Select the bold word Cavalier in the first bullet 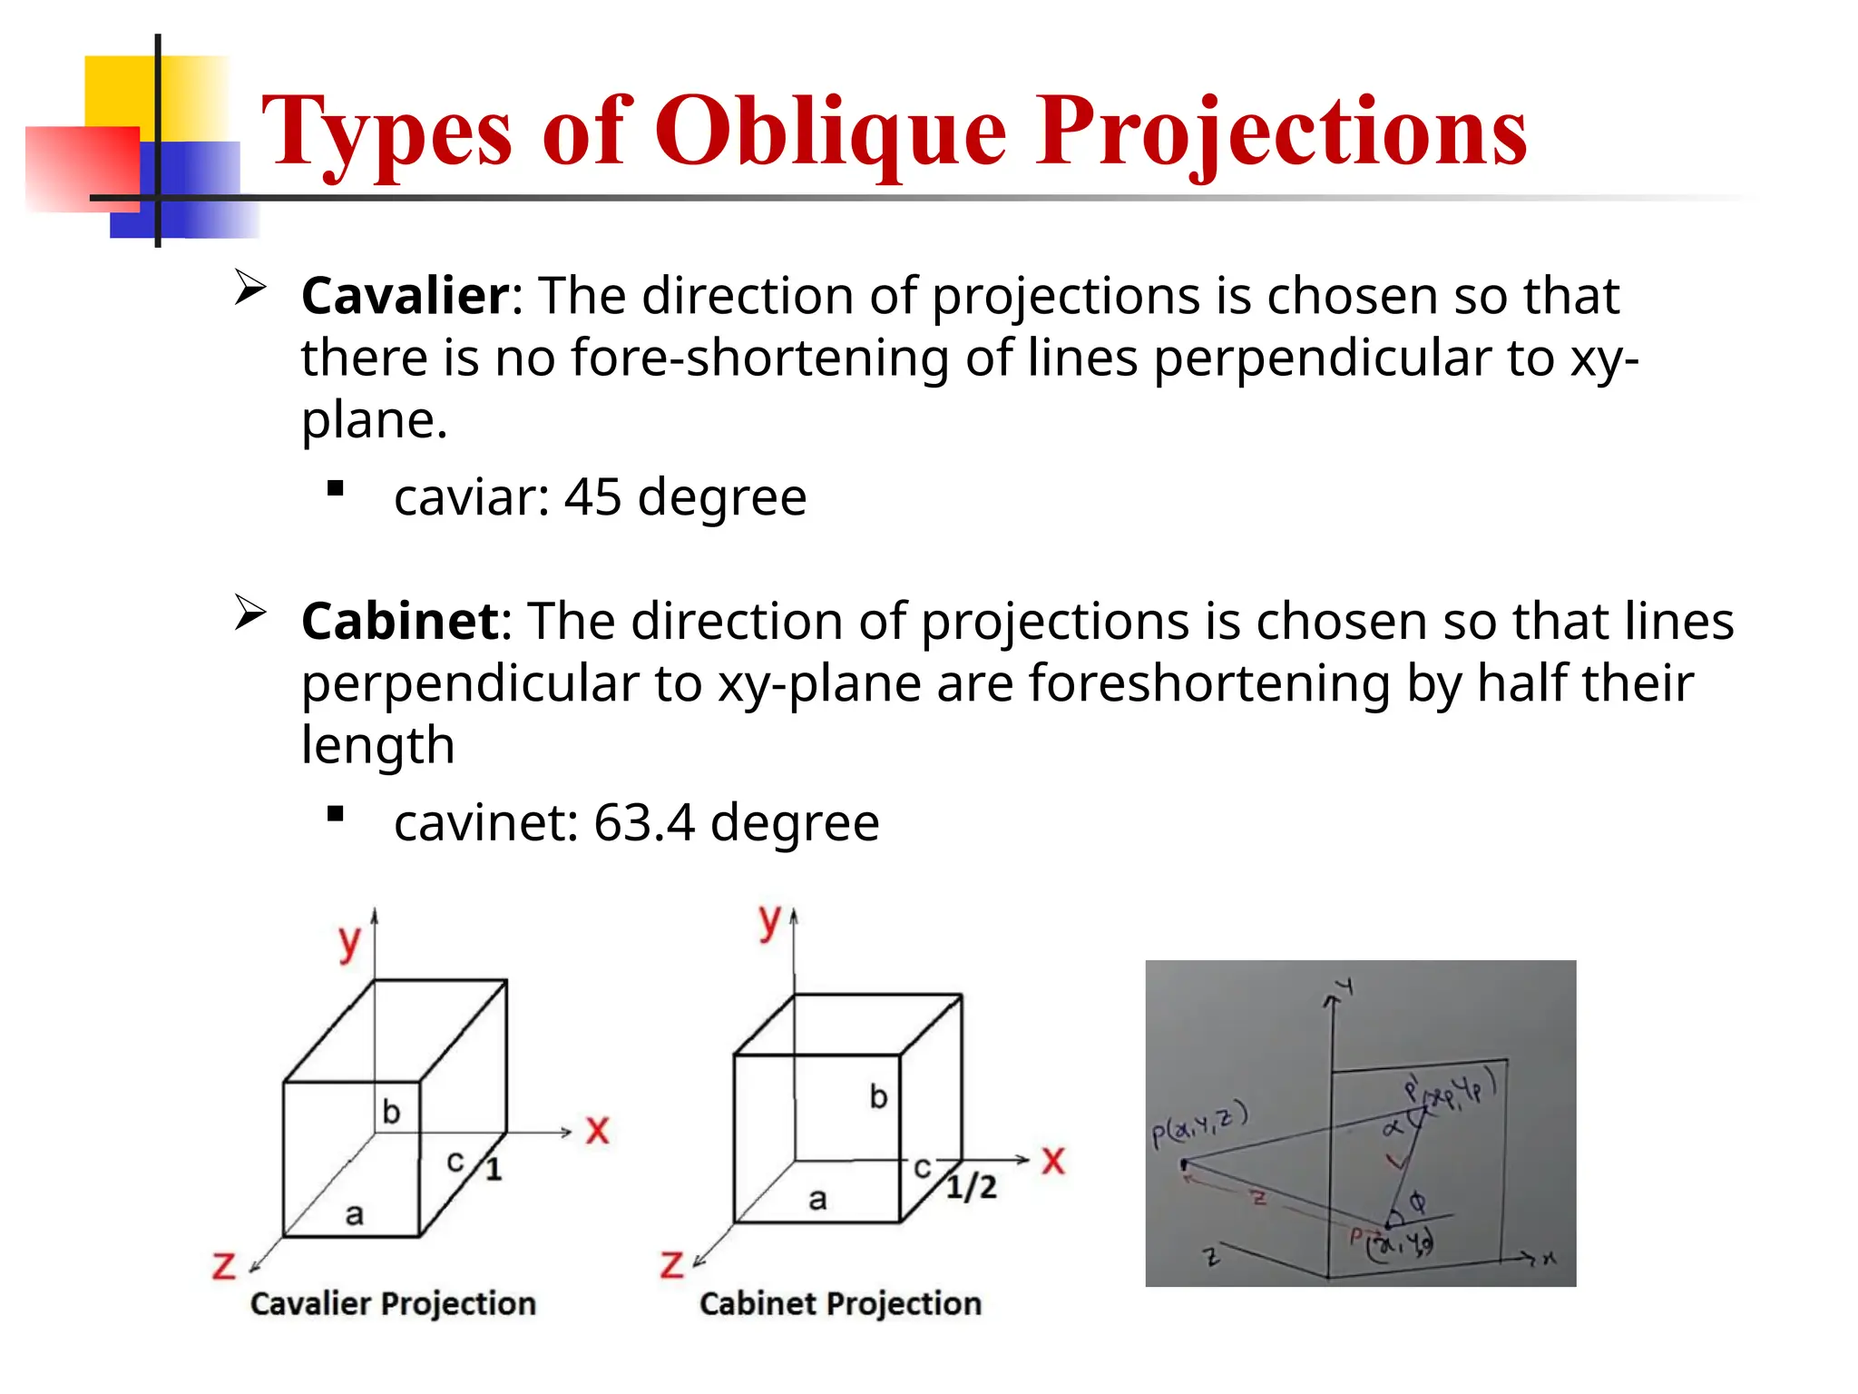click(406, 296)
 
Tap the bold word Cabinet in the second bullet click(400, 622)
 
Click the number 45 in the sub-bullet click(592, 497)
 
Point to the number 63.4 click(644, 823)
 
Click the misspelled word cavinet click(485, 823)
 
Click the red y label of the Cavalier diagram click(349, 944)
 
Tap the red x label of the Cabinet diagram click(1052, 1161)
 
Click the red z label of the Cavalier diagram click(223, 1265)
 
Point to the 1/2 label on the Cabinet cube click(971, 1186)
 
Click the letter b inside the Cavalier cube click(391, 1112)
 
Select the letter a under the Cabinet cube click(817, 1200)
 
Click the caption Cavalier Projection click(393, 1304)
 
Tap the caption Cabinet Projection click(840, 1304)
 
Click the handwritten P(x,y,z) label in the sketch click(1199, 1123)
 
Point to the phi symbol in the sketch click(1417, 1203)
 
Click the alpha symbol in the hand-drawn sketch click(1392, 1128)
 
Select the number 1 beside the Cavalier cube click(494, 1169)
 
